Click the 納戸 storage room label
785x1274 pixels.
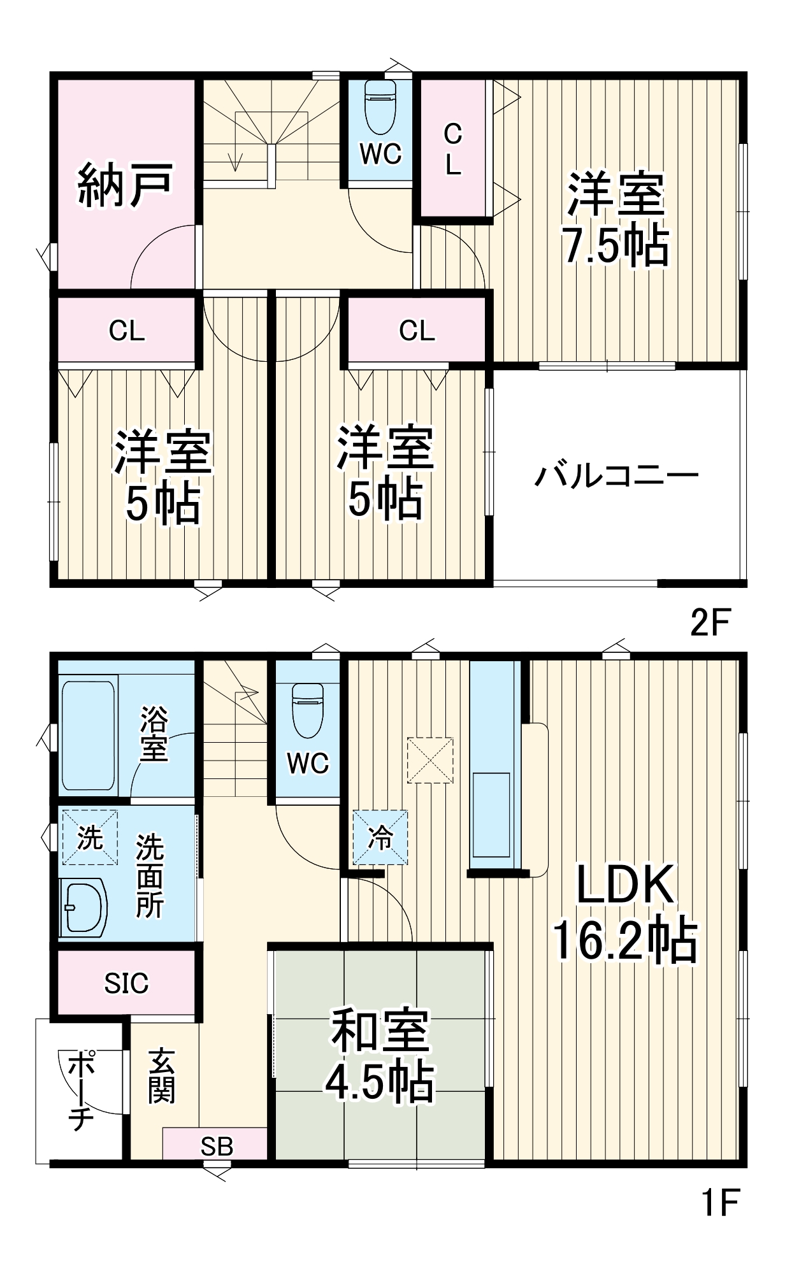pyautogui.click(x=126, y=185)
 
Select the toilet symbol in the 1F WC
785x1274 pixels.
pyautogui.click(x=308, y=709)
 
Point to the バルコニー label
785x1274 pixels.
pyautogui.click(x=616, y=475)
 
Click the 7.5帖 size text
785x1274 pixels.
pyautogui.click(x=616, y=246)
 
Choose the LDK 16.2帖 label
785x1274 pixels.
pyautogui.click(x=625, y=912)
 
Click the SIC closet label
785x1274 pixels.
pyautogui.click(x=126, y=983)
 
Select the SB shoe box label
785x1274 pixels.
pyautogui.click(x=217, y=1147)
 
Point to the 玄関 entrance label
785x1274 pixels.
pyautogui.click(x=162, y=1077)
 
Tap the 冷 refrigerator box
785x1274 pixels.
pyautogui.click(x=380, y=837)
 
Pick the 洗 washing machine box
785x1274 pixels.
pyautogui.click(x=90, y=837)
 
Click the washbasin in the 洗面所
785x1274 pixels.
pyautogui.click(x=85, y=907)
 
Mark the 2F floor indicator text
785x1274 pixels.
pyautogui.click(x=709, y=622)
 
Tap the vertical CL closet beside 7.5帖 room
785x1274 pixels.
pyautogui.click(x=453, y=150)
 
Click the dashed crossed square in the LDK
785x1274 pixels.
pyautogui.click(x=430, y=760)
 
